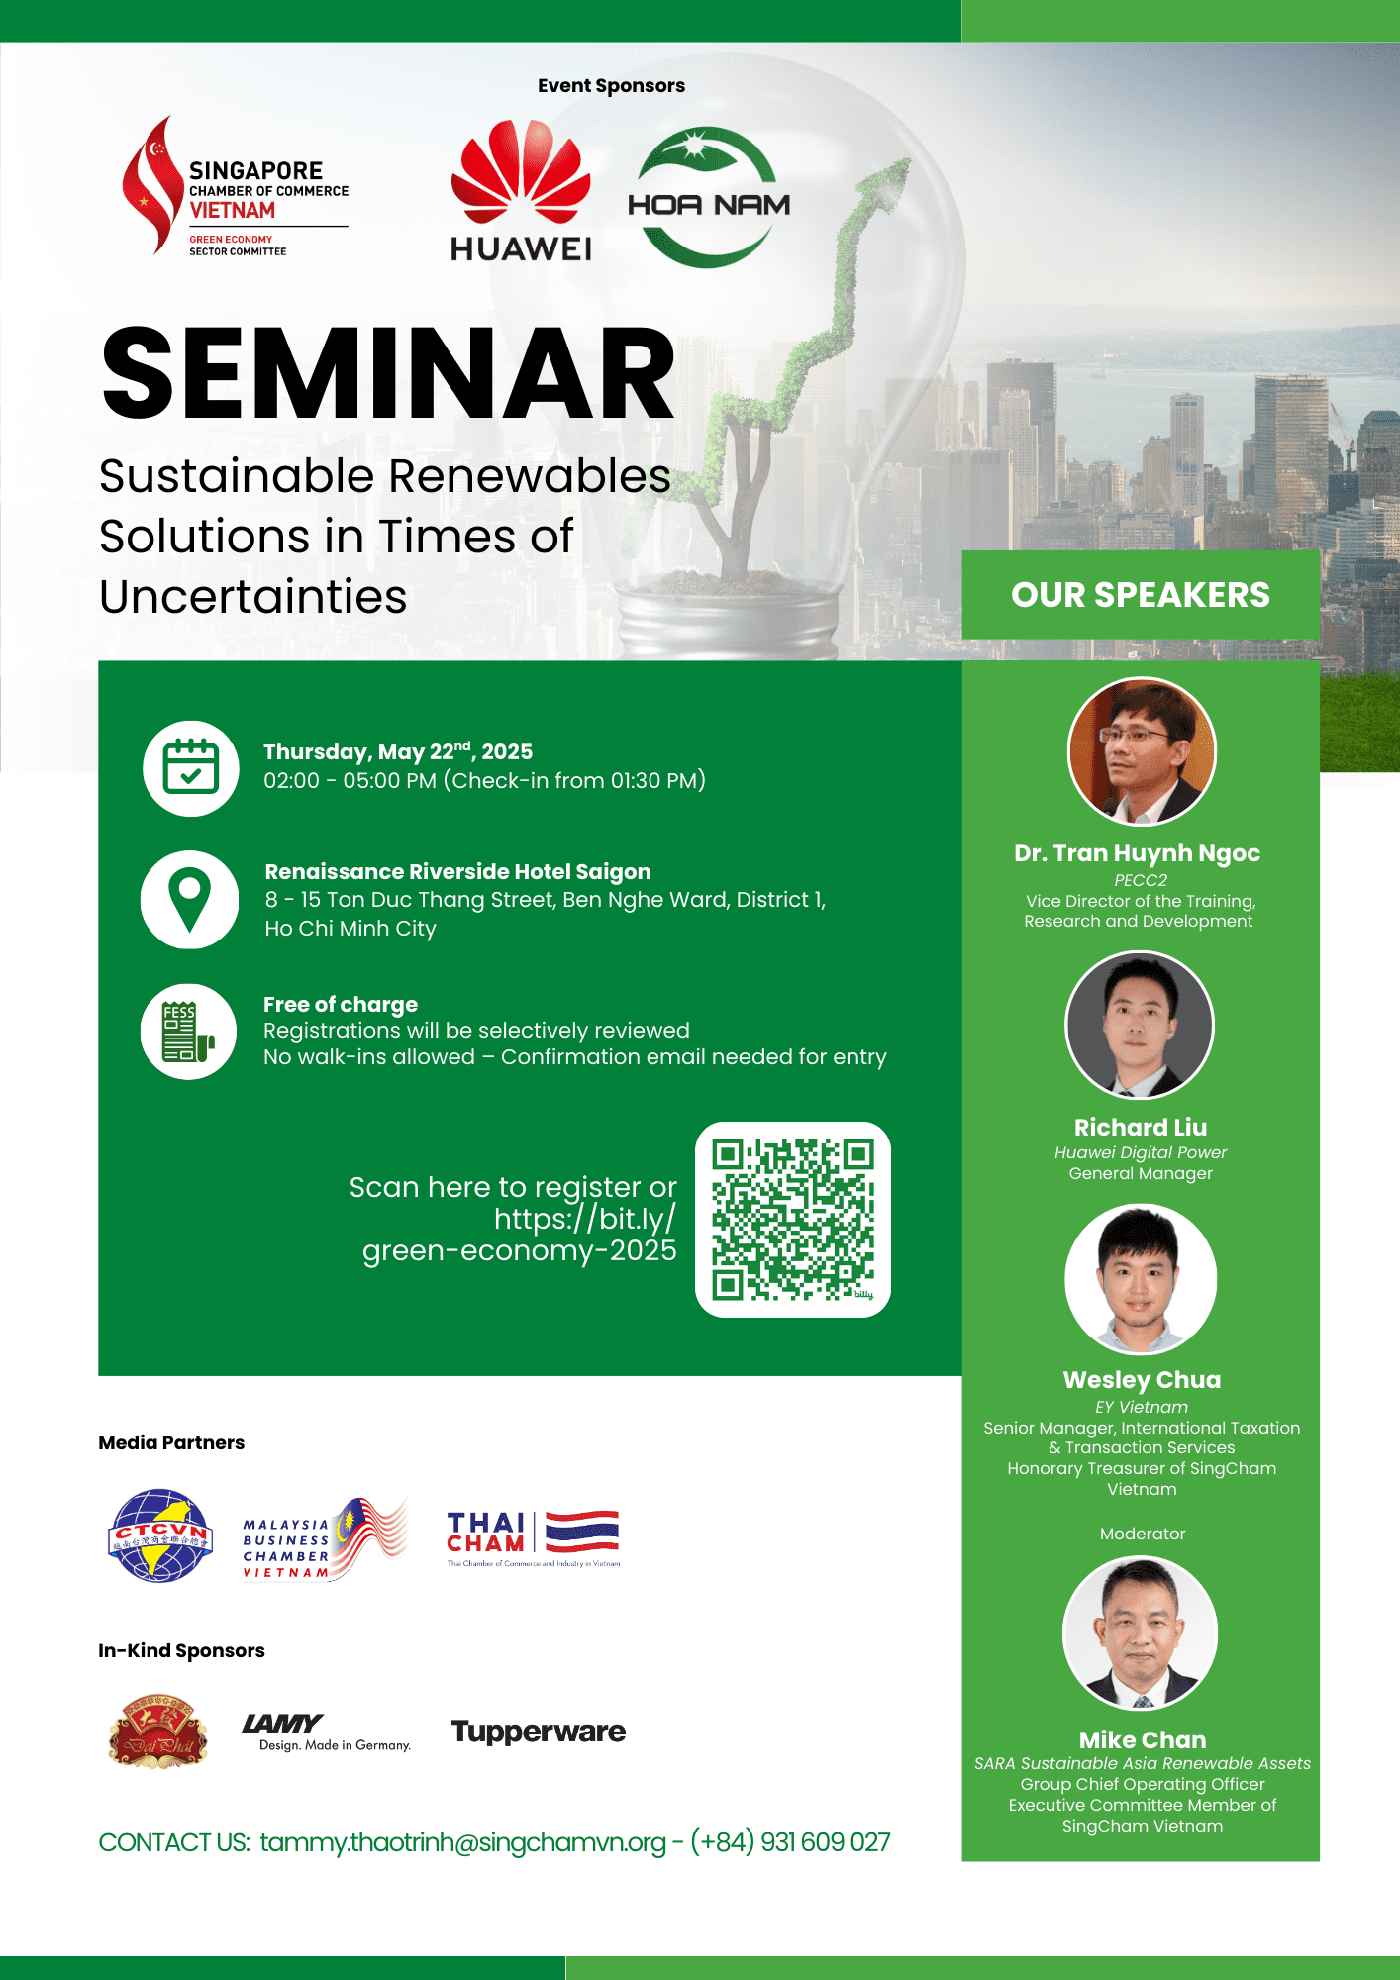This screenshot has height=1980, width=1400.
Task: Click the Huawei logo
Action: [521, 190]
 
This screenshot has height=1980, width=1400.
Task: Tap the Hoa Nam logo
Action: [709, 198]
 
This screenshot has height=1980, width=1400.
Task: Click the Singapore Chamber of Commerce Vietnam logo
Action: [235, 186]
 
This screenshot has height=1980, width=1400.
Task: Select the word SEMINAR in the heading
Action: [388, 374]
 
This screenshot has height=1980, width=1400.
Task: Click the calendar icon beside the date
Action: [191, 768]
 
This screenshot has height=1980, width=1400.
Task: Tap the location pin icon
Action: [189, 900]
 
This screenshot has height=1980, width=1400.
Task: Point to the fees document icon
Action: [188, 1032]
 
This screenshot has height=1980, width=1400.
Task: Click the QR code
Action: [793, 1220]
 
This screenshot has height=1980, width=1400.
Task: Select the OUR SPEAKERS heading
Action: [1141, 595]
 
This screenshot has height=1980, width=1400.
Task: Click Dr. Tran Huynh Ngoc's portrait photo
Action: [1142, 751]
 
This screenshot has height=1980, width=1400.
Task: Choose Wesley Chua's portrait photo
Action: [1141, 1279]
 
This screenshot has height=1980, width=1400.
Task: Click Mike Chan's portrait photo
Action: [1141, 1633]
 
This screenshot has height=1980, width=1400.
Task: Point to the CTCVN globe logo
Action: [160, 1535]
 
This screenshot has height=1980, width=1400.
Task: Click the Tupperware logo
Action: [539, 1732]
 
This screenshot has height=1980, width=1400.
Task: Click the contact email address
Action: [463, 1842]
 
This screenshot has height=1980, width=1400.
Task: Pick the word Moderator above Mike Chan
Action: [1143, 1534]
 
